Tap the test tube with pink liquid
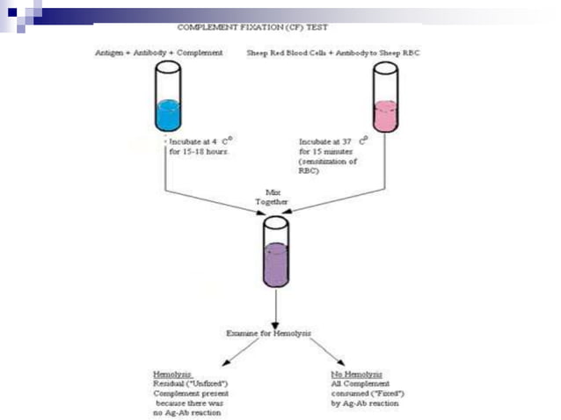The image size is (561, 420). tap(385, 101)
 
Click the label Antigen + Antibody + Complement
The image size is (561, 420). tap(161, 54)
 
